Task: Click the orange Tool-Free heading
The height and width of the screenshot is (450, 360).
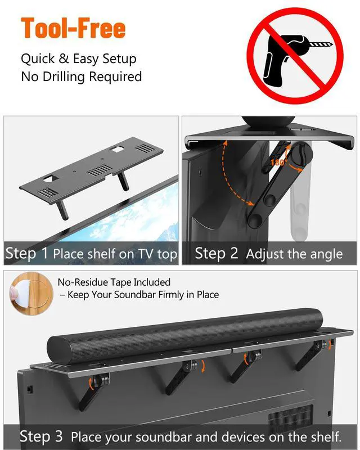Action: pos(73,28)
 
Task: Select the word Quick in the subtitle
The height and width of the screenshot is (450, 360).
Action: pos(38,59)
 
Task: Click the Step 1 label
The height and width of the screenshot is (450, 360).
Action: pos(26,254)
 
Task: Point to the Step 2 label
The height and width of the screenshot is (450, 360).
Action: pos(217,254)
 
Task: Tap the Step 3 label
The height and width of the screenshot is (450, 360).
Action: pos(41,436)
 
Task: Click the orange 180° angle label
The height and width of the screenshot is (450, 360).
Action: pos(279,163)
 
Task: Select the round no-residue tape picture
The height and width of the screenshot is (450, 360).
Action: pos(31,293)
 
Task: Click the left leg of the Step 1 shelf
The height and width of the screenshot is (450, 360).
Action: pos(62,210)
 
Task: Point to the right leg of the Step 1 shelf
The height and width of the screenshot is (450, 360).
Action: pos(123,182)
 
